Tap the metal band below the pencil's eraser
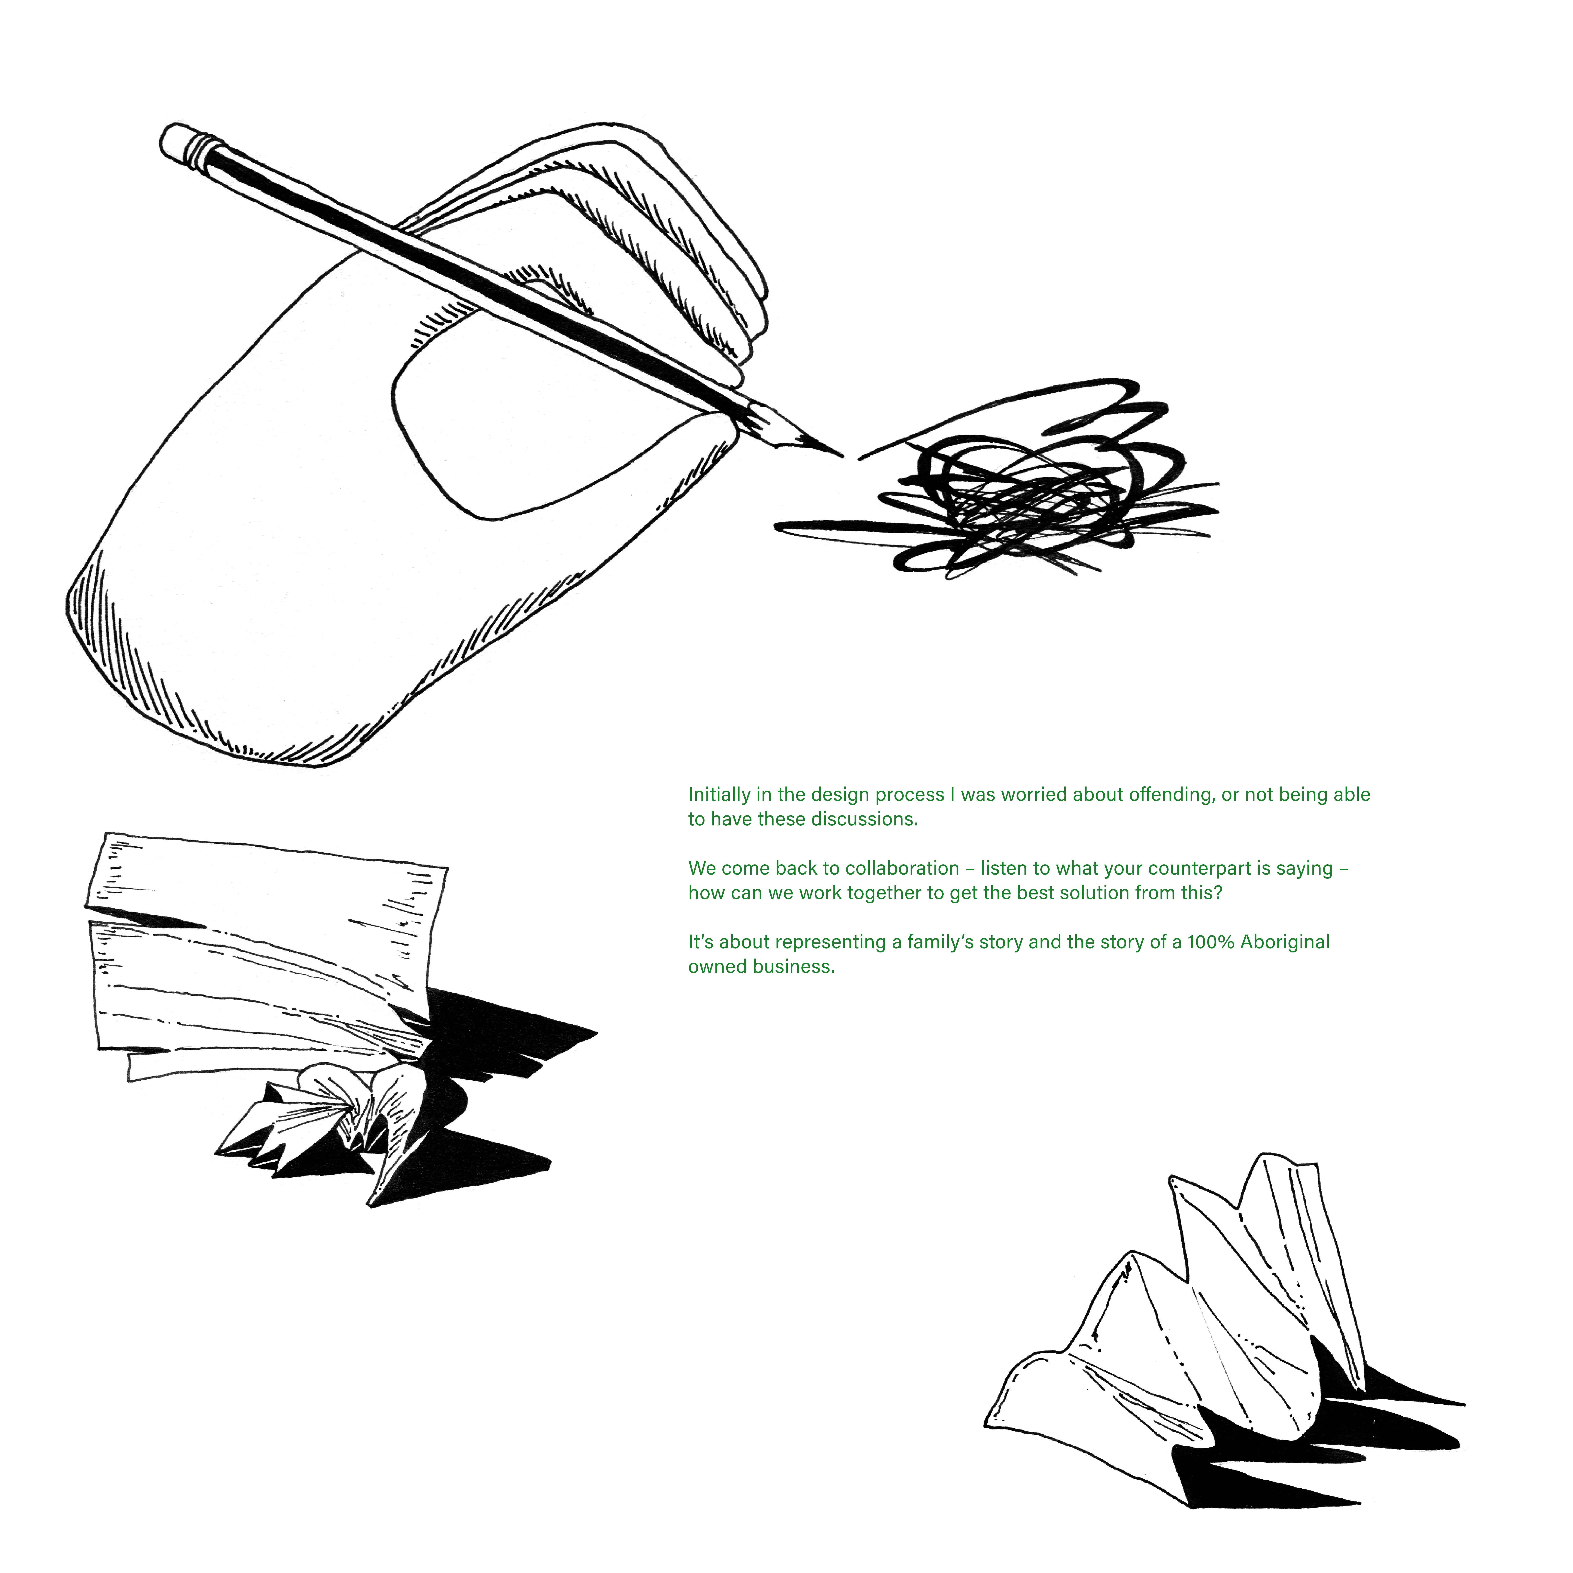205,153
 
